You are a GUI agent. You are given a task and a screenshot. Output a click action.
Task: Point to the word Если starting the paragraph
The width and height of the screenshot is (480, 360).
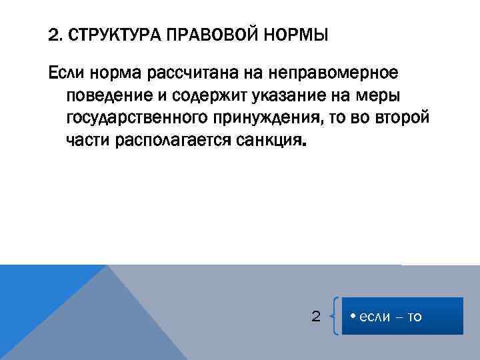(x=65, y=71)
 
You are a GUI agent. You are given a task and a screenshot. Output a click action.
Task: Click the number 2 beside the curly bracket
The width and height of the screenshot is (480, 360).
(x=316, y=316)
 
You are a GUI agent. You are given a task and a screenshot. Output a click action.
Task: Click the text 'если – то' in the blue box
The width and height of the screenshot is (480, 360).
(x=391, y=317)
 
